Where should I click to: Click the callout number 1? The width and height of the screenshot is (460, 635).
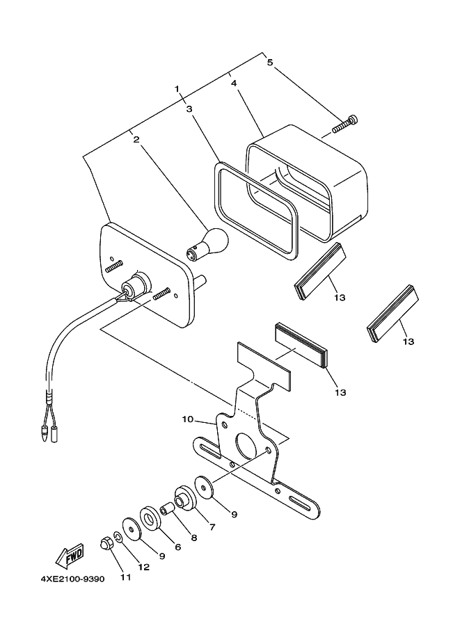[x=177, y=89]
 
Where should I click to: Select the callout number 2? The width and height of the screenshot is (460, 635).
[x=137, y=139]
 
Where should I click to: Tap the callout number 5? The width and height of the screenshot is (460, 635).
[x=271, y=62]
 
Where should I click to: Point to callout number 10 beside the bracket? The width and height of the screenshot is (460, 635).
[x=188, y=419]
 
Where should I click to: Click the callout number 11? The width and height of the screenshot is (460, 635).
[x=125, y=577]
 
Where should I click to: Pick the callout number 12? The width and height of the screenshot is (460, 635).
[x=143, y=567]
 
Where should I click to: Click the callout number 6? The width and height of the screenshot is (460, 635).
[x=177, y=547]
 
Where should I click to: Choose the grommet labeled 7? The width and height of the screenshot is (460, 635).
[x=184, y=499]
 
